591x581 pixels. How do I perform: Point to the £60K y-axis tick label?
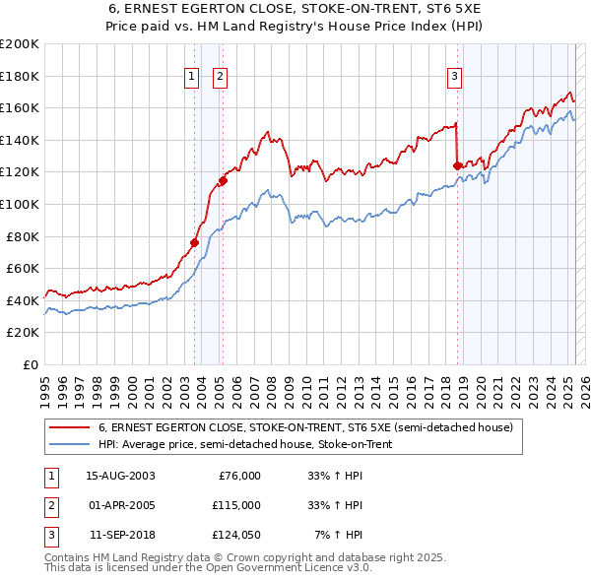point(23,268)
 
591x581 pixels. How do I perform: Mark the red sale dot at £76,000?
point(195,242)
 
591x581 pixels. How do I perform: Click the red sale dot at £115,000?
point(224,180)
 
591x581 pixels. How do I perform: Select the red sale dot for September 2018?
point(458,165)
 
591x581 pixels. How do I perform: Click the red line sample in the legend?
point(70,428)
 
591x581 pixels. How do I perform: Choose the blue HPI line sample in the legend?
point(70,442)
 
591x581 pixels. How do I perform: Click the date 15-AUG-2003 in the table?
point(120,475)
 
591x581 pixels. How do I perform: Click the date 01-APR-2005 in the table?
point(119,505)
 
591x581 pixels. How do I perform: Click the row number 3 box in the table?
point(48,536)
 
